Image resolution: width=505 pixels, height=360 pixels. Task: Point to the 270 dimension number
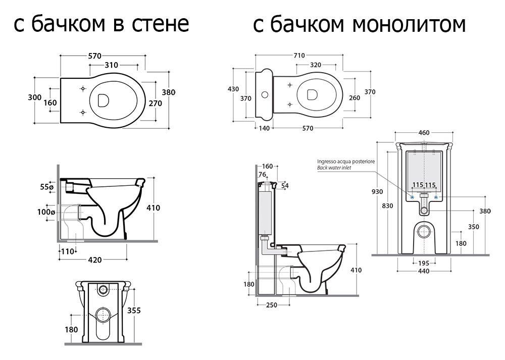(156, 102)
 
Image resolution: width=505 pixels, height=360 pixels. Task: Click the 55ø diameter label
(46, 187)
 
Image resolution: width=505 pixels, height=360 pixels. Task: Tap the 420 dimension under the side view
(95, 260)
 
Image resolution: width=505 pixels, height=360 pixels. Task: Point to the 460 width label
(424, 133)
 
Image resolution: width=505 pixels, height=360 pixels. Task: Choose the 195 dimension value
(423, 263)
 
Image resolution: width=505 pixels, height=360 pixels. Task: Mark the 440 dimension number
(423, 272)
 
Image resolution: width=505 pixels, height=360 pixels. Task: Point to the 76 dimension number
(262, 175)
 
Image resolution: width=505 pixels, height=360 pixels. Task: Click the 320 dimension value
(316, 65)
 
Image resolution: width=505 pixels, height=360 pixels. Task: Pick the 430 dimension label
(233, 89)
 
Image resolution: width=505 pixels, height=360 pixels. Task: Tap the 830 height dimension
(387, 205)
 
